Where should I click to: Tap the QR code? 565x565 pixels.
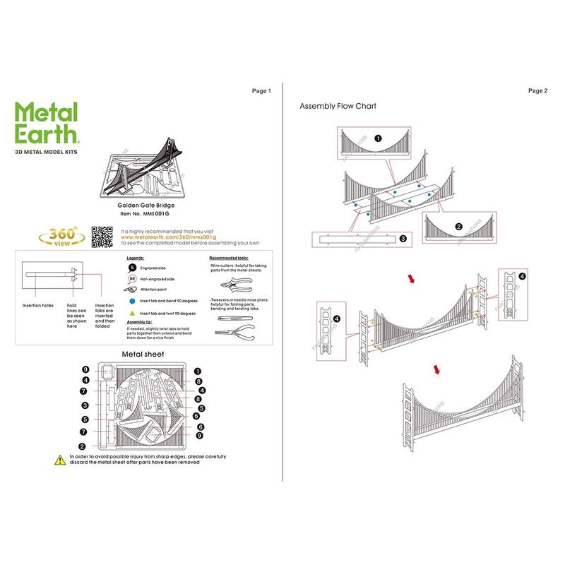102,237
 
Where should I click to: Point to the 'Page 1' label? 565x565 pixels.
261,91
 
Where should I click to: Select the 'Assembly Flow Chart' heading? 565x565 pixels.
338,106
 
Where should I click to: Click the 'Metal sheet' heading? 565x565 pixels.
143,353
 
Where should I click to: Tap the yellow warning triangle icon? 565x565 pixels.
61,460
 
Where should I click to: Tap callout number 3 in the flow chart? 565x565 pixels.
403,239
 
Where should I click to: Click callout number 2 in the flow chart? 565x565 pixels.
458,227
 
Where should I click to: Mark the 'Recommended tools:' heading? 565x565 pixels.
229,258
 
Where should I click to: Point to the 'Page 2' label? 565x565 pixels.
537,91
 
